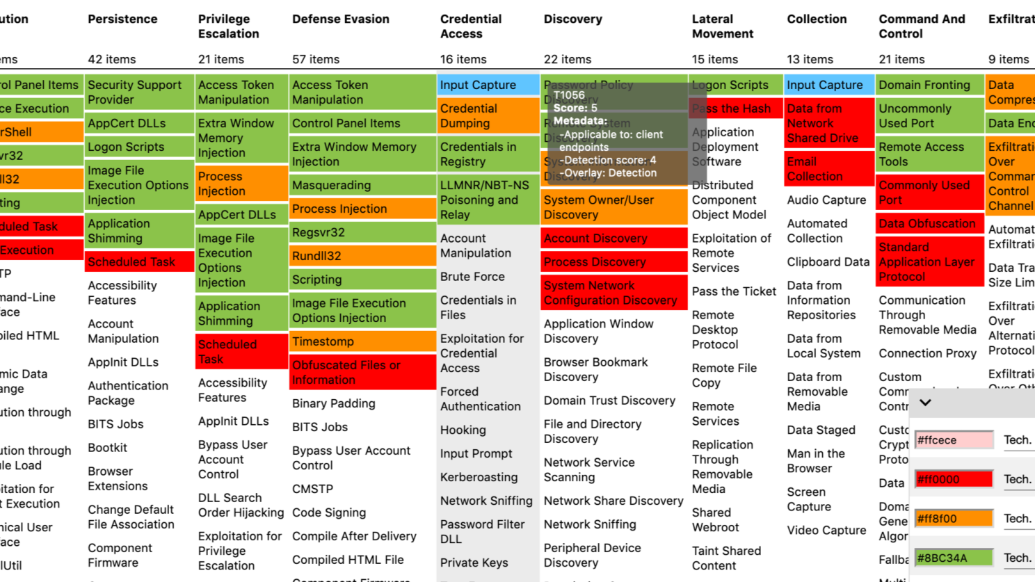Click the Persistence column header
tap(122, 19)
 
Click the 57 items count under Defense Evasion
tap(316, 60)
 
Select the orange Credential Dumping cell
tap(488, 116)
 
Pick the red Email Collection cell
tap(828, 169)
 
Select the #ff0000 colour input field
tap(954, 479)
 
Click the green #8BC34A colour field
tap(954, 558)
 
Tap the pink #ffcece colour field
tap(954, 440)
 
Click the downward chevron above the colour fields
tap(925, 403)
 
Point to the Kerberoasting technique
tap(479, 477)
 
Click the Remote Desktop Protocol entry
tap(715, 330)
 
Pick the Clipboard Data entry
tap(828, 262)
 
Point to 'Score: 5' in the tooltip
tap(575, 108)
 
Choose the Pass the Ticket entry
tap(734, 291)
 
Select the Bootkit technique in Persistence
tap(108, 448)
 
